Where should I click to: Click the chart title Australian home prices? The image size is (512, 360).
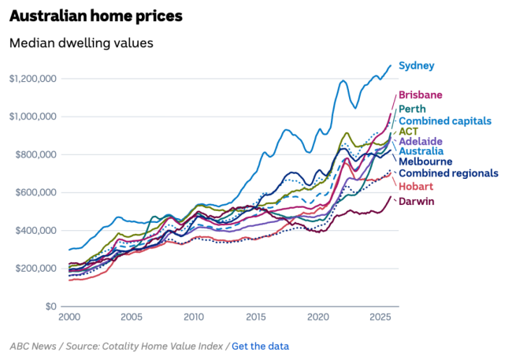pyautogui.click(x=96, y=16)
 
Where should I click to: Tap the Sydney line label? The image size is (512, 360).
pyautogui.click(x=417, y=65)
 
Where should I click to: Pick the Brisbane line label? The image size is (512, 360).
pyautogui.click(x=420, y=95)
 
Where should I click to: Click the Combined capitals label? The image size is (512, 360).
pyautogui.click(x=445, y=121)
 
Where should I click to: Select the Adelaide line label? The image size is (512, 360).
pyautogui.click(x=421, y=142)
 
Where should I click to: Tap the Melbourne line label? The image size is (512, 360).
pyautogui.click(x=425, y=161)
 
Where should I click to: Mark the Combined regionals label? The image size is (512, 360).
pyautogui.click(x=448, y=173)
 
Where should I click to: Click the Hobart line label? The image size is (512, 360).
pyautogui.click(x=416, y=186)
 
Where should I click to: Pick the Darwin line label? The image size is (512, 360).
pyautogui.click(x=416, y=202)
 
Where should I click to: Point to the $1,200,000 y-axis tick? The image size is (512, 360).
pyautogui.click(x=32, y=79)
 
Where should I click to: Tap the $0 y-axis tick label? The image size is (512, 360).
pyautogui.click(x=50, y=306)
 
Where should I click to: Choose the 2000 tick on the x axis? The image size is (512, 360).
pyautogui.click(x=69, y=317)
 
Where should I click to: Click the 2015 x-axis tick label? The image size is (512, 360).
pyautogui.click(x=256, y=317)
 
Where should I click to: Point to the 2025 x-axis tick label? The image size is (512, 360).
pyautogui.click(x=380, y=317)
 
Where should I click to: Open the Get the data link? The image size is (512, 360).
pyautogui.click(x=260, y=346)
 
